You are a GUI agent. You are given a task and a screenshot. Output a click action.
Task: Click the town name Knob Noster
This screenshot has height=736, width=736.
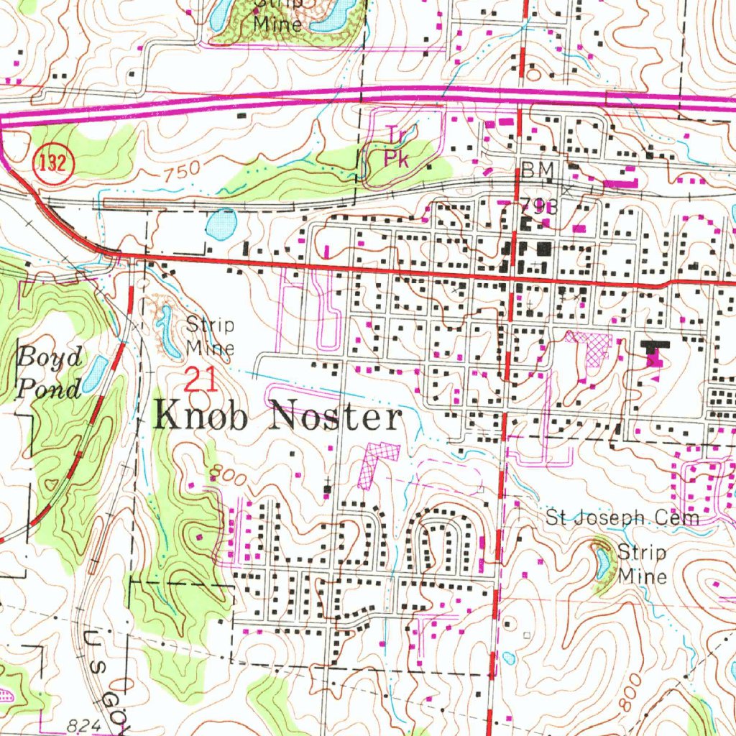[277, 417]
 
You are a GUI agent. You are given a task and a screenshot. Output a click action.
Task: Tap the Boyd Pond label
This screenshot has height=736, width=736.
[49, 372]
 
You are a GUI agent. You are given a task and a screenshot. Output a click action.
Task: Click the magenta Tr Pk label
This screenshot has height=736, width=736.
[396, 147]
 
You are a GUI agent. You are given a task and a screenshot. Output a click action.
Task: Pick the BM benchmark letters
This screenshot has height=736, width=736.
[538, 170]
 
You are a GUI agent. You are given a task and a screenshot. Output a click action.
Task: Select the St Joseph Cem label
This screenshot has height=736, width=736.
[622, 517]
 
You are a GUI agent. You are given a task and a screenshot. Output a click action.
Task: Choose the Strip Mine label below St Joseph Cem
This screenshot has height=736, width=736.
[642, 563]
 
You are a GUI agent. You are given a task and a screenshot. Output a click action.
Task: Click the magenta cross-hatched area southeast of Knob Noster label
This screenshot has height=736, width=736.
[378, 463]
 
